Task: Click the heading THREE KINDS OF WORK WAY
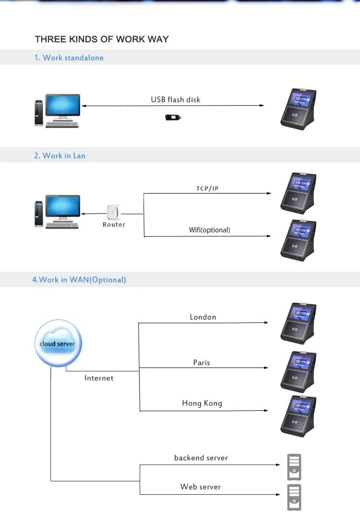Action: [102, 39]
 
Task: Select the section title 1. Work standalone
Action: [69, 58]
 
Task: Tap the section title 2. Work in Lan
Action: [60, 156]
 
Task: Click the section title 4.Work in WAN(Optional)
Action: [79, 280]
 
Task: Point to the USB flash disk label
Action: [176, 99]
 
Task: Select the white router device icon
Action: [114, 212]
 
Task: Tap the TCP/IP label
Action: [207, 188]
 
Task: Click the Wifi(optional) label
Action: [209, 230]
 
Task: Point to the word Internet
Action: [99, 378]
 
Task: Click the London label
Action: [203, 317]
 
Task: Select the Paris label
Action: [202, 363]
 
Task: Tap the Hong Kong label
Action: [202, 403]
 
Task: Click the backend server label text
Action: [201, 458]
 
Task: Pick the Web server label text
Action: [201, 487]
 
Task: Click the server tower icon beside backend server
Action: [294, 466]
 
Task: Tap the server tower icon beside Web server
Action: [294, 497]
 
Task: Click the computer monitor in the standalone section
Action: [63, 106]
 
